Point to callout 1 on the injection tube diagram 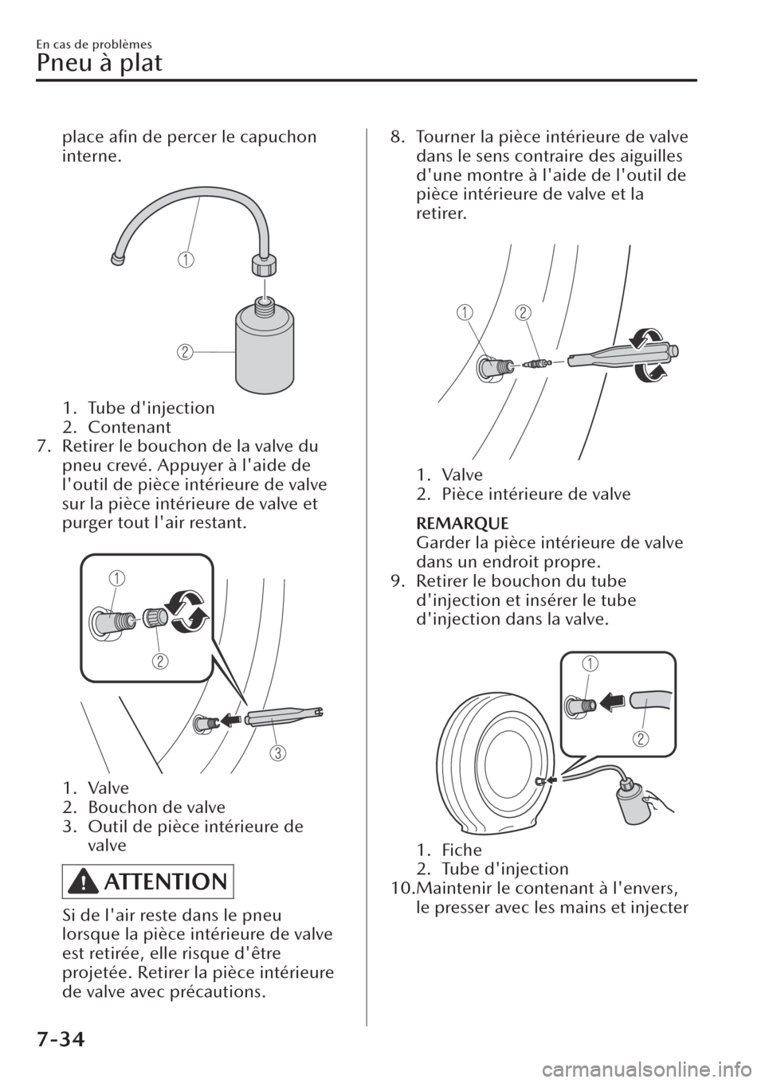185,260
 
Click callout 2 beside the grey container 185,350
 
